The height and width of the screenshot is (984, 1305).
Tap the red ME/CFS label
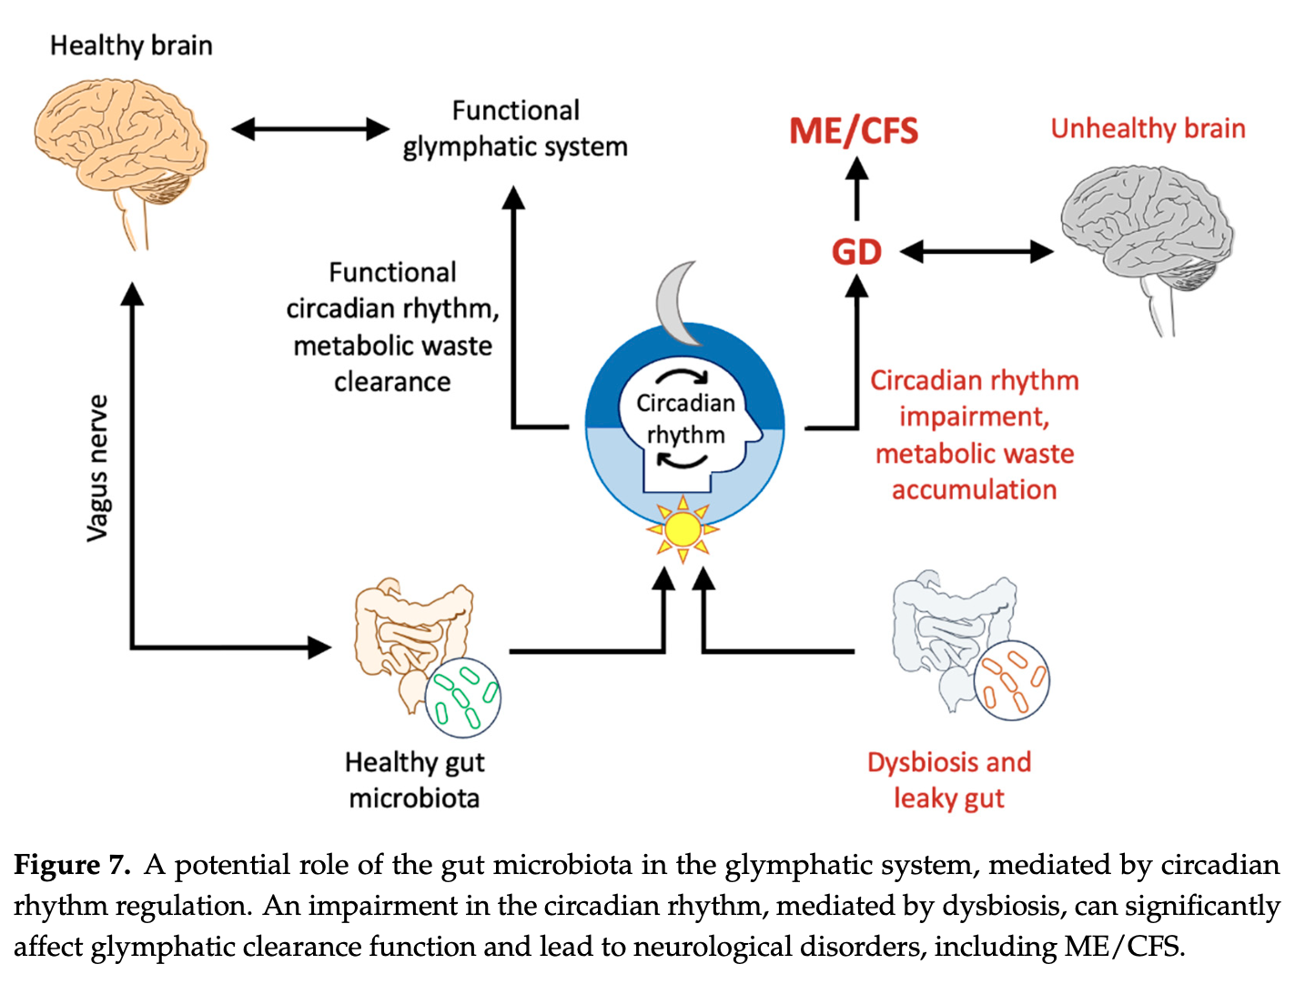pos(854,132)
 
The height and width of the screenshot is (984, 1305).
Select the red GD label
pos(856,252)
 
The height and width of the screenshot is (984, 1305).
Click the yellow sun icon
pos(683,529)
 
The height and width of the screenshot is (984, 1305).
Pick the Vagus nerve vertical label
pos(98,468)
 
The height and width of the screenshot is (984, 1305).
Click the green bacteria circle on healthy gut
pos(463,697)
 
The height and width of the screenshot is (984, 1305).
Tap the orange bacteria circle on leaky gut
pos(1011,680)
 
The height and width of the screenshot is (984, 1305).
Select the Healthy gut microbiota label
pos(414,780)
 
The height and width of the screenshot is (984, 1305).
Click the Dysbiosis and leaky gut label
pos(949,780)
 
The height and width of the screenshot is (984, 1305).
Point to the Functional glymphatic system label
pos(515,128)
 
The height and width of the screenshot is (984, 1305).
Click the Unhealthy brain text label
pos(1148,128)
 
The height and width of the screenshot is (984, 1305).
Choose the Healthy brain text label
pos(131,45)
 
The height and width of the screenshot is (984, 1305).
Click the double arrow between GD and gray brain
pos(976,252)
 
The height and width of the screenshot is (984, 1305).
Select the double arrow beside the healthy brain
pos(309,129)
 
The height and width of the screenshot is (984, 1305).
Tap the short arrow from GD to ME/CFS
pos(856,188)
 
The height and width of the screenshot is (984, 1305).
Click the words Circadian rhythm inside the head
pos(685,418)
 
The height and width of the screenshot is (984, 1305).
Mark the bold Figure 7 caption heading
pos(72,865)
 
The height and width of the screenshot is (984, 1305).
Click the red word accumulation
pos(974,490)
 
